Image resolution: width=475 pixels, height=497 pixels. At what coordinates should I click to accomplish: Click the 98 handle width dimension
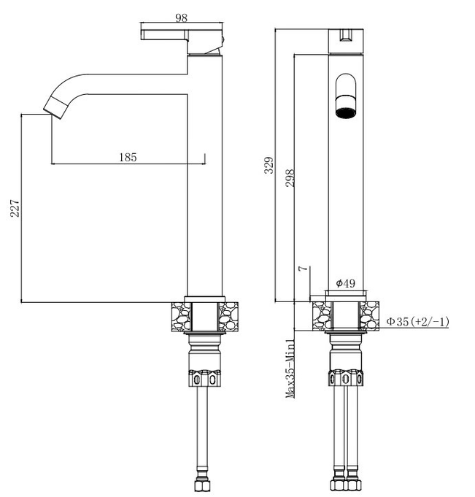(181, 18)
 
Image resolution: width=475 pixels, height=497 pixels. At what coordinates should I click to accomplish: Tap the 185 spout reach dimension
(128, 157)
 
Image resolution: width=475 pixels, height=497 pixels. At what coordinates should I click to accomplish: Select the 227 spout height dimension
(15, 208)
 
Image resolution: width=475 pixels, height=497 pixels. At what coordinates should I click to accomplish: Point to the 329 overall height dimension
(269, 165)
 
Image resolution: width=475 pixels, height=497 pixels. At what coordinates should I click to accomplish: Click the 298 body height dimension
(290, 178)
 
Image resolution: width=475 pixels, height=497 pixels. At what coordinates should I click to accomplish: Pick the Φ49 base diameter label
(345, 283)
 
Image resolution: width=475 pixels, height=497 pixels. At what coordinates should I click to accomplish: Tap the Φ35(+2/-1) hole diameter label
(417, 322)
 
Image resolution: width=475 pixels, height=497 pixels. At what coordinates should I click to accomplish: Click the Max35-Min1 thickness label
(290, 369)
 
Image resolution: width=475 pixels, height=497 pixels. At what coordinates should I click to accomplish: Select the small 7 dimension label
(304, 268)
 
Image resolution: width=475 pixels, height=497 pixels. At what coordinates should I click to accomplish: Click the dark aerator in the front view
(345, 113)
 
